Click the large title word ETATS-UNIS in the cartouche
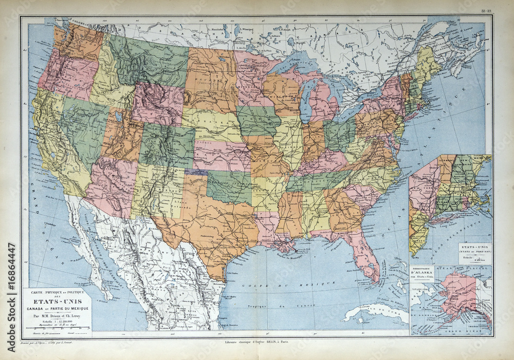point(57,302)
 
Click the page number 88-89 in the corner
point(486,11)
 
